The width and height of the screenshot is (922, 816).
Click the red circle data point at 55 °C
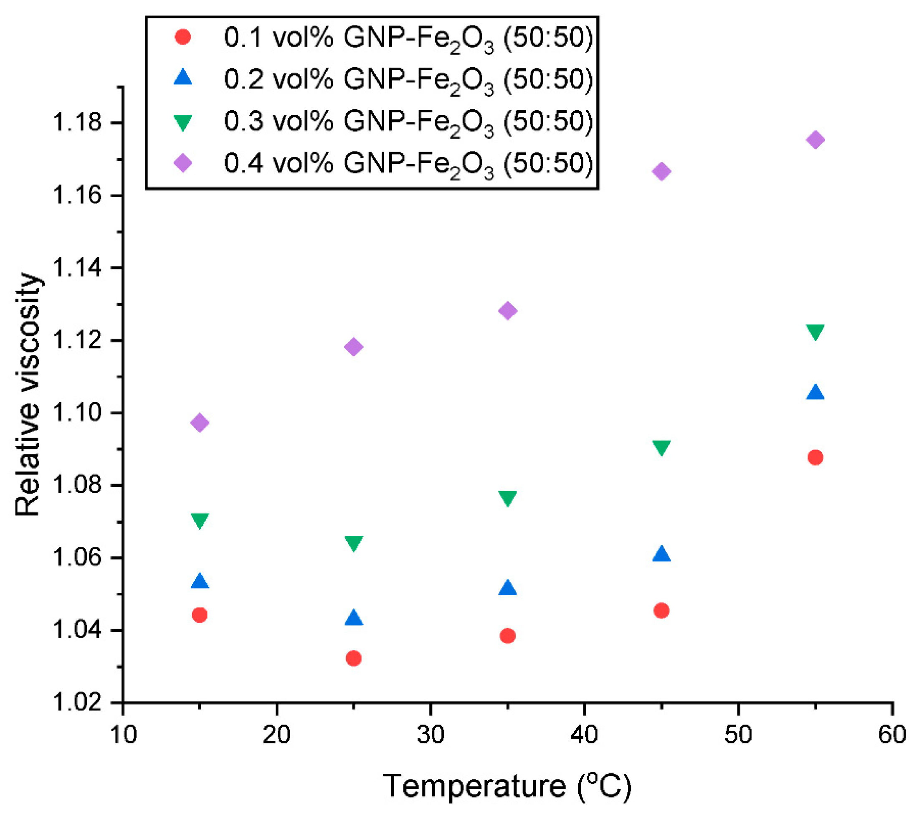[815, 457]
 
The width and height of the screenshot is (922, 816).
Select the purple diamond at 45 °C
[661, 171]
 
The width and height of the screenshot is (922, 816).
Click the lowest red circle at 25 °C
[354, 659]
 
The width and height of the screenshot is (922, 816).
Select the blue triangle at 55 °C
[815, 393]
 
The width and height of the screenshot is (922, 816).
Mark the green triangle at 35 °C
[507, 499]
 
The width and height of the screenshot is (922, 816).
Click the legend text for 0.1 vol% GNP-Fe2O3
[408, 38]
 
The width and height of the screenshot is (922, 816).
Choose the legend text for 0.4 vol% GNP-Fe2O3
[408, 163]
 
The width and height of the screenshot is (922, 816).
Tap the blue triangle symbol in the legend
[182, 78]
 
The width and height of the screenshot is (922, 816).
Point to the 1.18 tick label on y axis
[78, 123]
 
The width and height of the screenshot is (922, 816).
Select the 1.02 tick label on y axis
[78, 703]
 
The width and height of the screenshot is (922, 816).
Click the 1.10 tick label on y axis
[78, 413]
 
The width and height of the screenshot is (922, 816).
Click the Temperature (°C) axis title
[507, 786]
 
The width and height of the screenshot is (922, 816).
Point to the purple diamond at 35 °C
[507, 311]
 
